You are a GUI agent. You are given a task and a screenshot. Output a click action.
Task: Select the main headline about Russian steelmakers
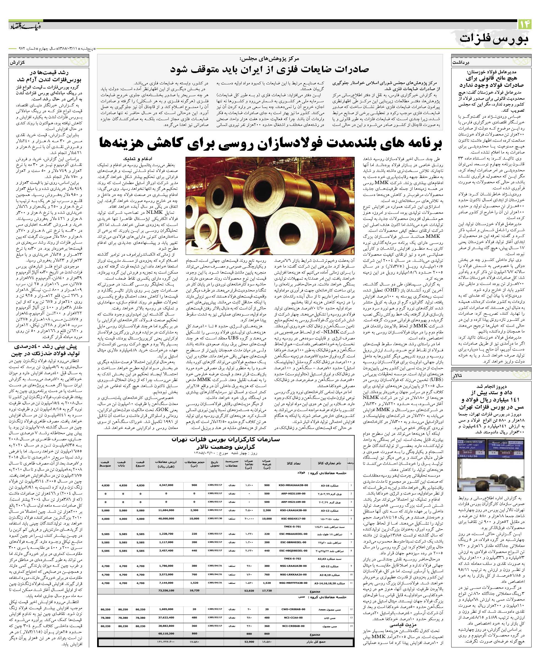pyautogui.click(x=270, y=143)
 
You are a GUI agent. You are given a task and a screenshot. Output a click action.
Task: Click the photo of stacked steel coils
pyautogui.click(x=270, y=206)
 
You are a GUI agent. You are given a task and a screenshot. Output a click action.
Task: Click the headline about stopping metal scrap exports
pyautogui.click(x=270, y=69)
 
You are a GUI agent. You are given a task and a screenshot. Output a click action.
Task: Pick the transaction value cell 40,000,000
pyautogui.click(x=166, y=519)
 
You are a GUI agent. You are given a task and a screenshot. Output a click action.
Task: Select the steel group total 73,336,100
pyautogui.click(x=166, y=590)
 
